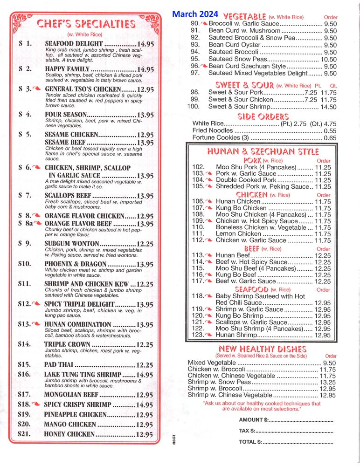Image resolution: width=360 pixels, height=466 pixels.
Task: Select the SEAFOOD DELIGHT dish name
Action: point(74,44)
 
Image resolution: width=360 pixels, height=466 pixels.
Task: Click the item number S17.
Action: point(24,394)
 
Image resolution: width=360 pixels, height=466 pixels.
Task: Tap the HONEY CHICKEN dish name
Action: point(69,434)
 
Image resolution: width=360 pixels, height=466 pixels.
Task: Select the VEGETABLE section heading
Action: point(245,16)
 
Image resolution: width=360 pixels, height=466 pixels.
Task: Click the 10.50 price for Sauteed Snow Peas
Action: point(328,59)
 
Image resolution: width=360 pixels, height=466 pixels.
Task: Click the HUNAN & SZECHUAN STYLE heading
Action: point(263,152)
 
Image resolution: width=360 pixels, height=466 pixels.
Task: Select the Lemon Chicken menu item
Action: point(238,234)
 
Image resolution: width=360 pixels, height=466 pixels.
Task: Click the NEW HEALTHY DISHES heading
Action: point(262,349)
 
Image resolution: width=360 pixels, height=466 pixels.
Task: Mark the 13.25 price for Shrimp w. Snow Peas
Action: point(328,382)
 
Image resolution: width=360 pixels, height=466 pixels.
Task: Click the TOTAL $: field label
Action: point(250,442)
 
